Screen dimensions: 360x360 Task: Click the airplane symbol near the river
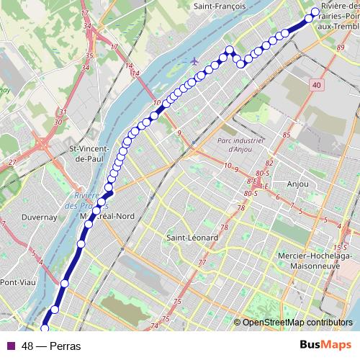click(x=194, y=60)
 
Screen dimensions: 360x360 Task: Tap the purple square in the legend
click(x=9, y=346)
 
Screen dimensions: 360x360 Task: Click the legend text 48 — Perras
click(x=50, y=346)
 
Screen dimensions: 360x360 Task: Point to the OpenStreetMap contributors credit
click(x=297, y=323)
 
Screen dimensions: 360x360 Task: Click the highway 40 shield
click(x=318, y=86)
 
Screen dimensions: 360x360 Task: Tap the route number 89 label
click(x=341, y=48)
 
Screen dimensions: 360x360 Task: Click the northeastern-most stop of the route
click(x=315, y=12)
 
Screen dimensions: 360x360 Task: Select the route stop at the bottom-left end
click(x=45, y=328)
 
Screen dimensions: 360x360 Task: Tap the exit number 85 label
click(x=287, y=135)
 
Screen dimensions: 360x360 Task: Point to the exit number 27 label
click(x=12, y=163)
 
